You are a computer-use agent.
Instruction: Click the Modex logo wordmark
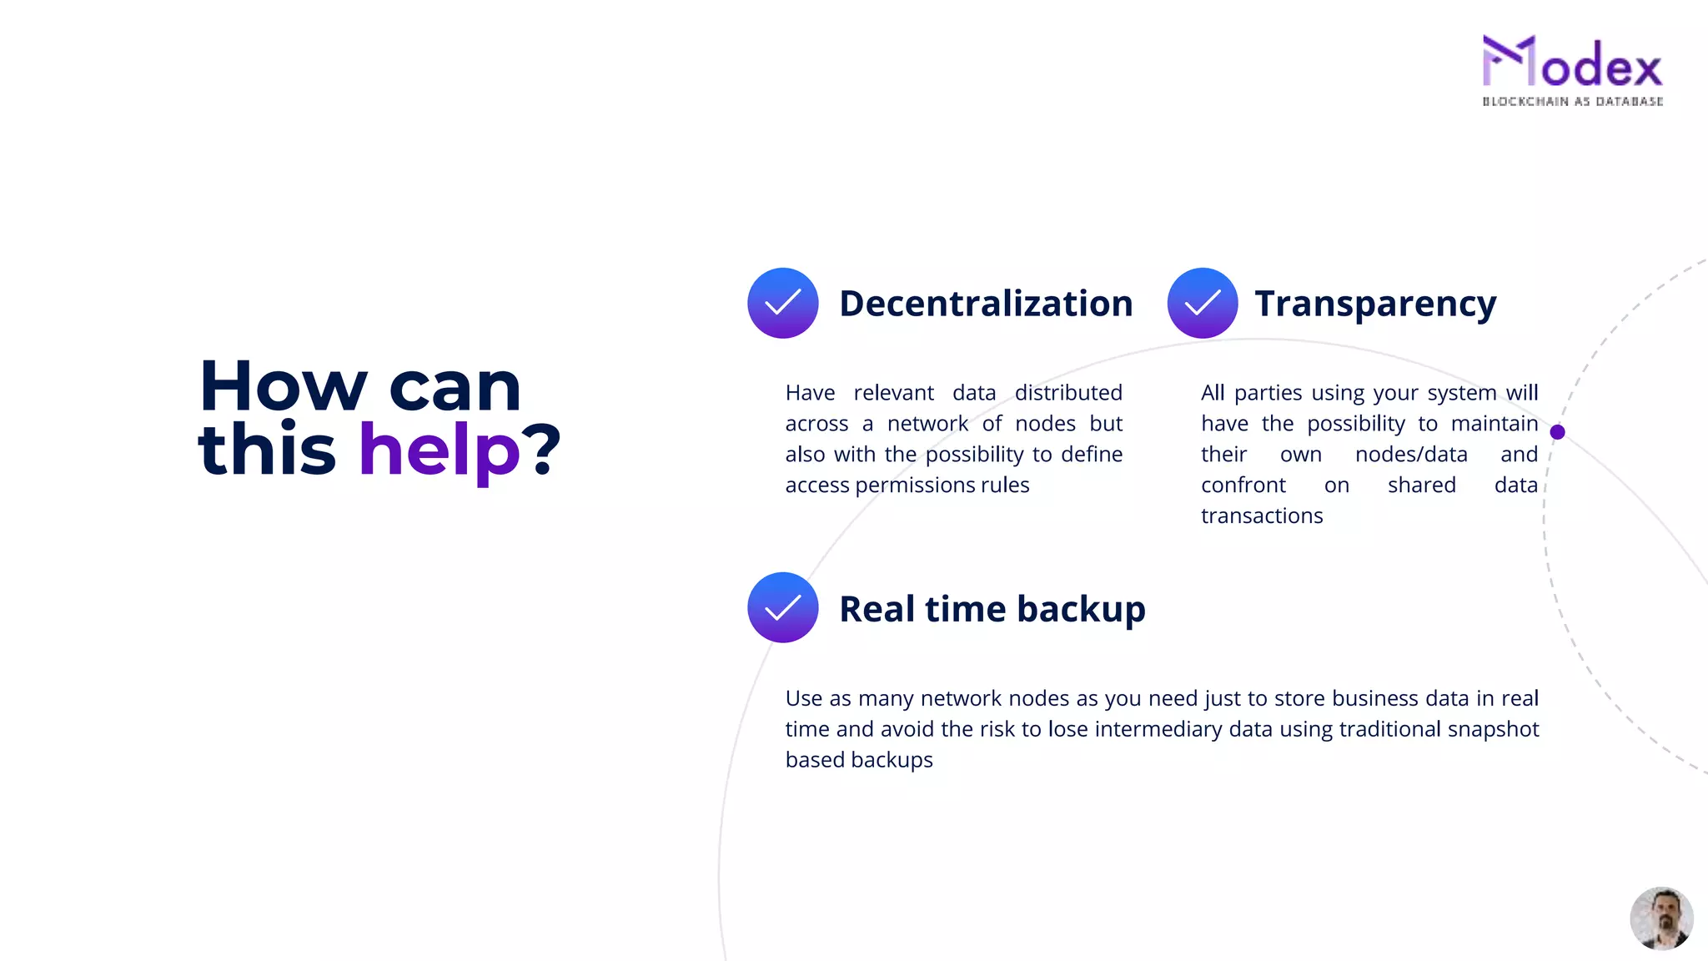1572,63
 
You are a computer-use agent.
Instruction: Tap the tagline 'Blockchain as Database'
1572,102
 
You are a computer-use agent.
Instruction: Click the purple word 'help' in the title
440,450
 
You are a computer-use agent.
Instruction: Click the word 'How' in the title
284,387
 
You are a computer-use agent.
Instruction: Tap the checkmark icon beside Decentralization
782,303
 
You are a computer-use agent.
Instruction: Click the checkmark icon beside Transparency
1202,303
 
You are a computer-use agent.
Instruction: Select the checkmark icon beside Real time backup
782,607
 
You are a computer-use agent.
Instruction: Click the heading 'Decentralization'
986,304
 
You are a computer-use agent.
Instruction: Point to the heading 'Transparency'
1375,304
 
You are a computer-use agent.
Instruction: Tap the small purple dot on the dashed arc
1557,432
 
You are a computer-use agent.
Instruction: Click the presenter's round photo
1661,918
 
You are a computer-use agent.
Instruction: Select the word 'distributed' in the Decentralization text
1068,393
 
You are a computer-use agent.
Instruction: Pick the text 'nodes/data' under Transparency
1411,455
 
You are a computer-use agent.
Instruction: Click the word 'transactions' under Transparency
1262,516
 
